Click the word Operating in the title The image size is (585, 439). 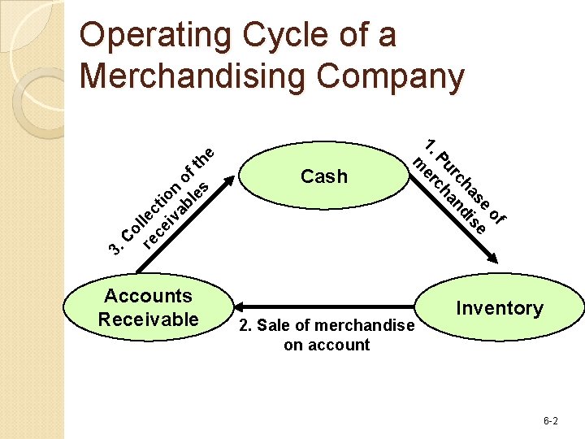(x=145, y=37)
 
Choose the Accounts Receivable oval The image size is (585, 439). (x=147, y=308)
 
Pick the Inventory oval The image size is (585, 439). (x=499, y=308)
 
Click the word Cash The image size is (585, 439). (x=323, y=176)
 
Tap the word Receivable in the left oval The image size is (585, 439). (x=148, y=319)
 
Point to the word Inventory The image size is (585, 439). (x=499, y=308)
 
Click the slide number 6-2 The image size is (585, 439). (x=550, y=420)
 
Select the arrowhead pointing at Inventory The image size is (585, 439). (x=492, y=259)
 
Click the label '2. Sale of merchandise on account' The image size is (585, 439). (x=325, y=335)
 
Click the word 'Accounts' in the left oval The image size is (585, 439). (x=148, y=296)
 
